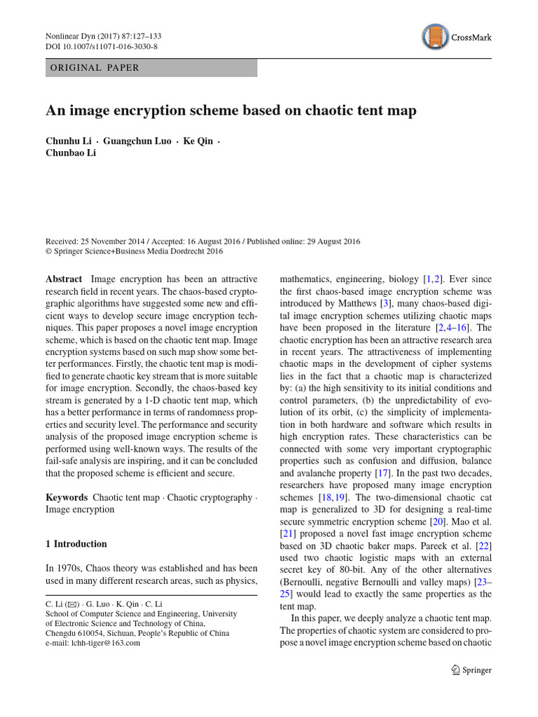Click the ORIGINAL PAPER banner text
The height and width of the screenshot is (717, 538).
tap(94, 68)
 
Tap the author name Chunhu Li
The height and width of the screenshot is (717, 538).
tap(68, 141)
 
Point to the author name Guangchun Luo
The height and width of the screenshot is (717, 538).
tap(137, 141)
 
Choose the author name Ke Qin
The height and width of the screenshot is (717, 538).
tap(198, 141)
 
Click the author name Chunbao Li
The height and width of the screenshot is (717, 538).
tap(71, 153)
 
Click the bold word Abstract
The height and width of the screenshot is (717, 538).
tap(64, 279)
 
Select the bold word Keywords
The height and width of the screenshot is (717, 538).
tap(67, 497)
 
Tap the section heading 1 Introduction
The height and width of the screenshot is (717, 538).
tap(76, 544)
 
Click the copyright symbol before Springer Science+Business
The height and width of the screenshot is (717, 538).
tap(49, 251)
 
